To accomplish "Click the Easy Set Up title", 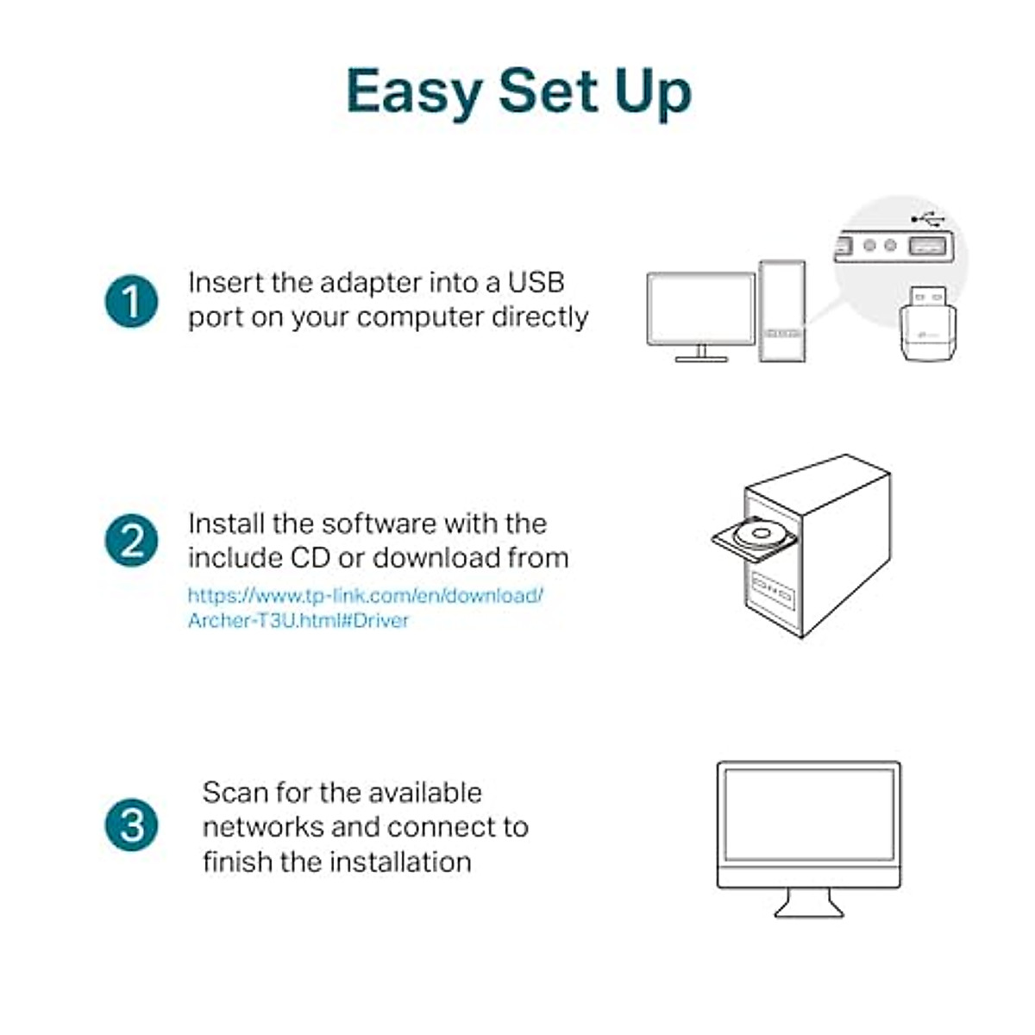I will coord(518,91).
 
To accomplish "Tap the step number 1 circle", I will coord(131,302).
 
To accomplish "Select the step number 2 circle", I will coord(131,542).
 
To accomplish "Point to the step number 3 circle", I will coord(131,825).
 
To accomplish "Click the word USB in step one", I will coord(536,283).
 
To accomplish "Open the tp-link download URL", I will coord(365,607).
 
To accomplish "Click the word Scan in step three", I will coord(234,793).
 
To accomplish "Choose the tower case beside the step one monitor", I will coord(782,310).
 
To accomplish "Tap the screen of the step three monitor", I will coord(808,814).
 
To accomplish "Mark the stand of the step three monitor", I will coord(808,903).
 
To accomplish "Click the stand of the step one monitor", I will coord(700,354).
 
